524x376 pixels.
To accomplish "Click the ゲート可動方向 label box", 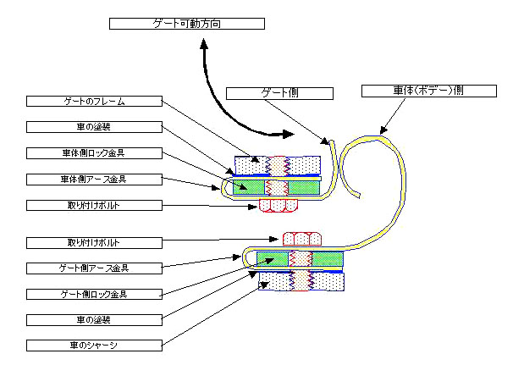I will tap(187, 23).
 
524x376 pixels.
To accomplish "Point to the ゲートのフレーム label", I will tap(94, 101).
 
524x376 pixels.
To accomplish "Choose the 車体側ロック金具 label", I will tap(94, 153).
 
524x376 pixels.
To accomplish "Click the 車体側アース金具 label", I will tap(94, 179).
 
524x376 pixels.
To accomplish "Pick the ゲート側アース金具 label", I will tap(94, 268).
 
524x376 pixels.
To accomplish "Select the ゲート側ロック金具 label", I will tap(94, 294).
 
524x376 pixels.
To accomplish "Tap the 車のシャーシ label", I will tap(94, 345).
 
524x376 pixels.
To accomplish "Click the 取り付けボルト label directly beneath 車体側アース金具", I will tap(94, 205).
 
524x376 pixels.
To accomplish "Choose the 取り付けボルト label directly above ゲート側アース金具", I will tap(94, 242).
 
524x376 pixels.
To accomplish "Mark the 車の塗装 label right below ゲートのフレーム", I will tap(94, 127).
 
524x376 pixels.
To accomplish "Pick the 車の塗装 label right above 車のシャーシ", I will tap(94, 319).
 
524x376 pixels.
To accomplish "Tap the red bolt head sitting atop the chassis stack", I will tap(302, 238).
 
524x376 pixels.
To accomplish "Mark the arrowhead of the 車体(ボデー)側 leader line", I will tap(383, 131).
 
